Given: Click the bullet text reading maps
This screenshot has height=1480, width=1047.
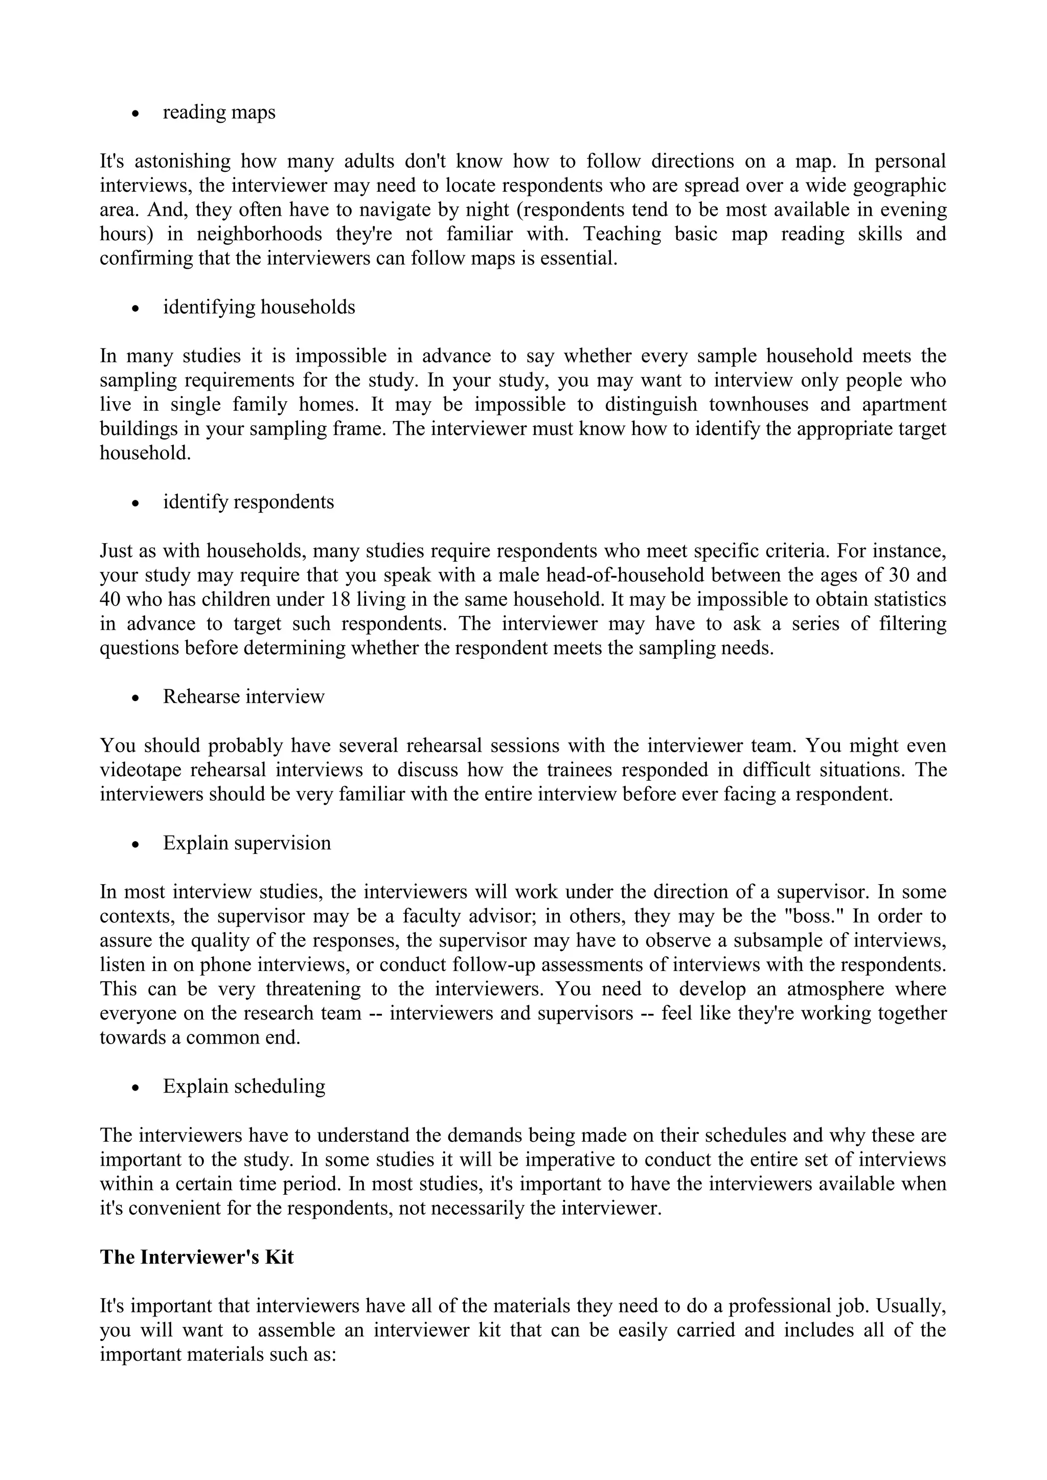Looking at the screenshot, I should pos(219,112).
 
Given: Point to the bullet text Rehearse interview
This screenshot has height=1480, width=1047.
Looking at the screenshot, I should pos(244,696).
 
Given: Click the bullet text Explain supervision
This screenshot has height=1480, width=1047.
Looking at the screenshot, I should pos(247,843).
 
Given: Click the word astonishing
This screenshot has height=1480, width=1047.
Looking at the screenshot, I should pos(183,160).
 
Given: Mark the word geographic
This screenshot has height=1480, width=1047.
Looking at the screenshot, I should pos(899,185).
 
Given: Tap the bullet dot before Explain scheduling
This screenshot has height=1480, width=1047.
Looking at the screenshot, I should pos(135,1088).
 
